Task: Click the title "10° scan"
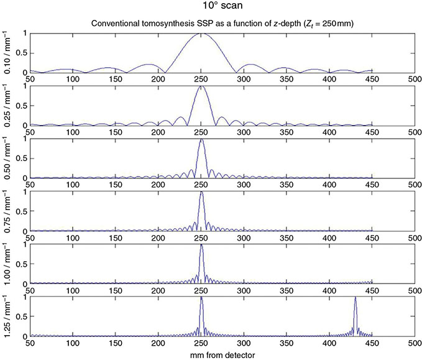(x=211, y=8)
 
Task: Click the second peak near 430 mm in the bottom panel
(x=355, y=298)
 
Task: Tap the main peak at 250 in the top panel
(x=201, y=34)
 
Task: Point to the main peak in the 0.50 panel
(x=201, y=141)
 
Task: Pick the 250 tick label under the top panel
(x=201, y=79)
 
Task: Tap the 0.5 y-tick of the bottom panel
(x=21, y=317)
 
